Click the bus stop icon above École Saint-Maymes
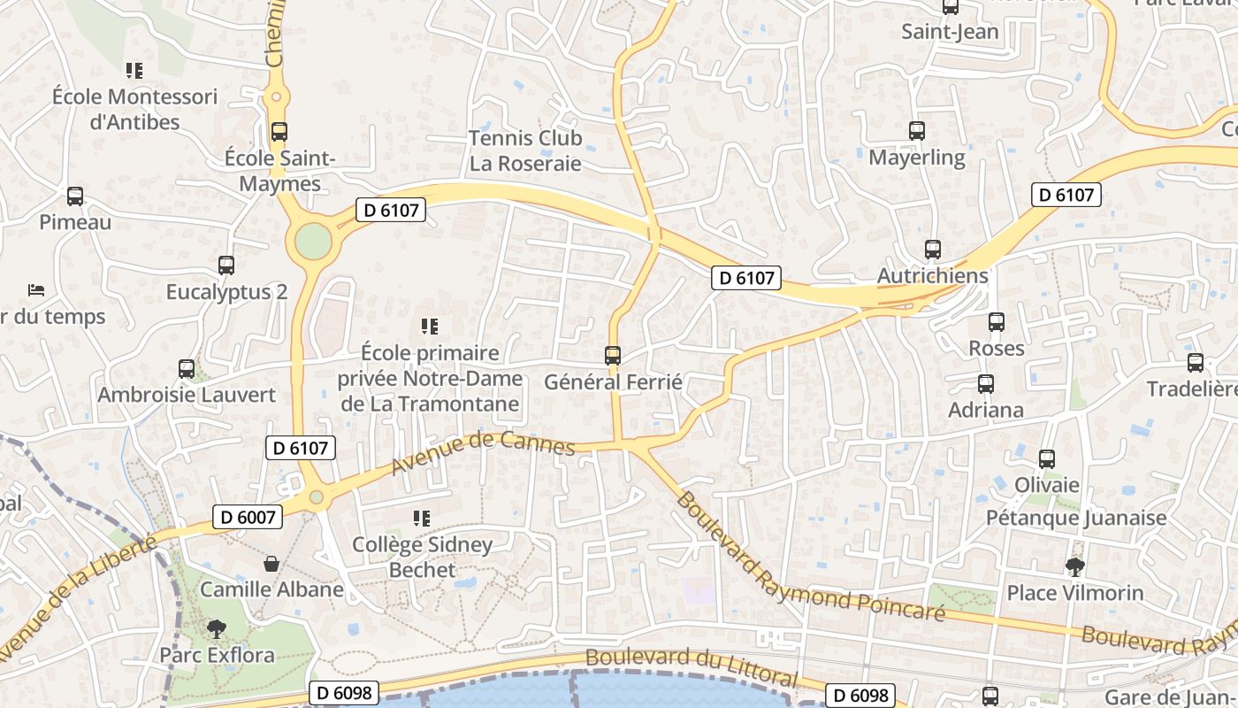click(x=279, y=132)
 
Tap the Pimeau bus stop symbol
click(x=75, y=196)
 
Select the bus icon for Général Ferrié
click(x=613, y=356)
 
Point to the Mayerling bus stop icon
click(x=917, y=131)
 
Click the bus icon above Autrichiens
click(x=933, y=250)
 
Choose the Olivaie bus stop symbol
click(x=1047, y=459)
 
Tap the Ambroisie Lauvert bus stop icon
click(x=187, y=369)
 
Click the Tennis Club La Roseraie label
click(x=525, y=150)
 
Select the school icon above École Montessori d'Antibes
click(x=134, y=70)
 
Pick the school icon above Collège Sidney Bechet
click(x=422, y=518)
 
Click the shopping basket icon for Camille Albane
click(x=271, y=564)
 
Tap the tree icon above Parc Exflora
click(x=217, y=629)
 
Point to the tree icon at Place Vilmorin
click(x=1075, y=566)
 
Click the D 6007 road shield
click(x=248, y=517)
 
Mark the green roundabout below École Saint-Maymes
click(x=313, y=241)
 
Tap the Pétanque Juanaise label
click(x=1076, y=518)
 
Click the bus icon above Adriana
click(x=986, y=384)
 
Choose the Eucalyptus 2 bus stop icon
click(x=226, y=265)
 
